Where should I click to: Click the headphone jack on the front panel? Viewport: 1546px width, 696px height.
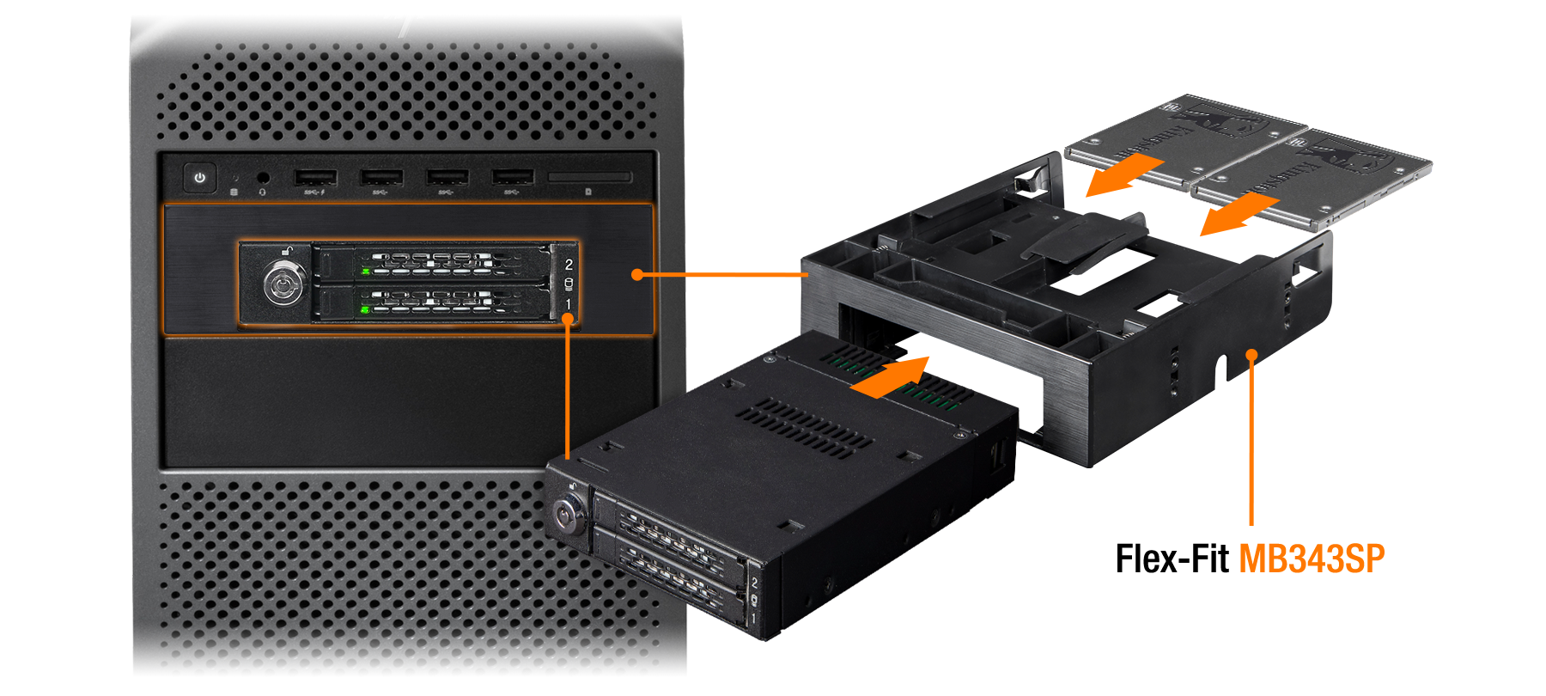click(x=263, y=178)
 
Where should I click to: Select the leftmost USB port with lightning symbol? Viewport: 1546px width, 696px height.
click(x=315, y=178)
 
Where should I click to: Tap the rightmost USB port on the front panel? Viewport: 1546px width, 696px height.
click(x=513, y=178)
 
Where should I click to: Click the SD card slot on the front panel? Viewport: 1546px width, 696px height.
click(x=589, y=177)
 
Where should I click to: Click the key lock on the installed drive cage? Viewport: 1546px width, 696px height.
click(x=283, y=284)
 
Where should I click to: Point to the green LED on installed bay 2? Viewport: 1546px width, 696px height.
click(x=366, y=272)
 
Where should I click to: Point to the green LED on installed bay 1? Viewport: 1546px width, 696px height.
click(x=366, y=308)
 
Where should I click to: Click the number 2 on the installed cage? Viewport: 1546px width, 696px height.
click(x=569, y=265)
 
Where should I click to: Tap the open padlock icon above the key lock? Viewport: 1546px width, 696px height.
click(x=289, y=252)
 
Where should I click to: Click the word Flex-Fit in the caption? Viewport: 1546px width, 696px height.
click(x=1172, y=559)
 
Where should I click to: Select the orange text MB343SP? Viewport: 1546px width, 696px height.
click(x=1312, y=559)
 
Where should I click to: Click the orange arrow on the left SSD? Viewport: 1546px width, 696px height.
click(x=1123, y=175)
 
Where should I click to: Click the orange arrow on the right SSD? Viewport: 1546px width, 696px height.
click(x=1239, y=213)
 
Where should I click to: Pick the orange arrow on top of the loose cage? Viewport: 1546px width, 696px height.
click(x=891, y=377)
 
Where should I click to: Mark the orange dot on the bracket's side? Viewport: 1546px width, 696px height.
click(x=1252, y=353)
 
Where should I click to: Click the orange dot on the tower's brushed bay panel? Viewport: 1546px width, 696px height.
click(x=636, y=275)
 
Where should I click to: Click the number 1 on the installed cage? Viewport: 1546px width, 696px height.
click(x=569, y=305)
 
